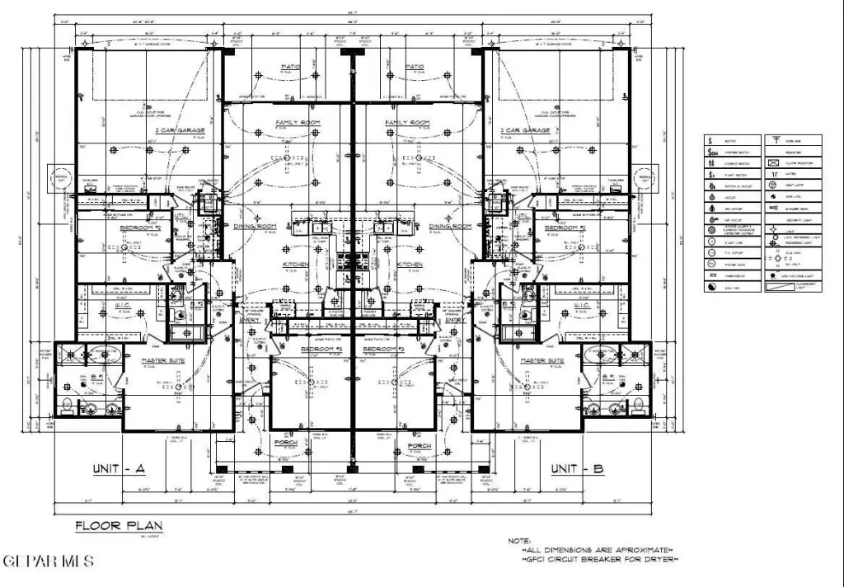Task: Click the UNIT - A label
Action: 119,469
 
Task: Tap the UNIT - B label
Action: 577,469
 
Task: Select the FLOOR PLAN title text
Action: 119,524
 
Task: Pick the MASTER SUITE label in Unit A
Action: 161,361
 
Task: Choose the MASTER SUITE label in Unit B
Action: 542,361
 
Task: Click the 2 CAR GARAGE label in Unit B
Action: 525,130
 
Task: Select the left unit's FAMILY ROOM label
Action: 298,123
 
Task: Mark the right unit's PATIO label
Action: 415,66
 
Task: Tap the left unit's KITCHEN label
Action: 296,265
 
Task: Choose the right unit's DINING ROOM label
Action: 450,226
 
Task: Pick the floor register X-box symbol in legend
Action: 774,163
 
